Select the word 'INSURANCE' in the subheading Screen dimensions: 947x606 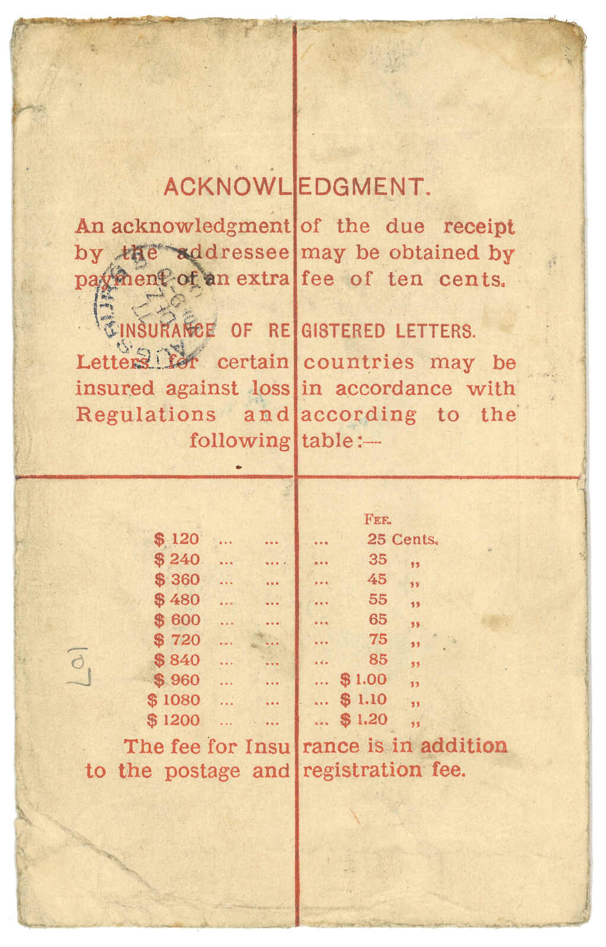pos(167,331)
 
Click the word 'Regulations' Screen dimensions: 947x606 pos(146,414)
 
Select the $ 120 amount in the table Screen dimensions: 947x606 pos(177,539)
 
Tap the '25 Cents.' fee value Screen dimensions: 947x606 pos(402,539)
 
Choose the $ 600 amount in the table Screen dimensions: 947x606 pos(177,620)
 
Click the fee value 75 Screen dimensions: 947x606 pos(377,639)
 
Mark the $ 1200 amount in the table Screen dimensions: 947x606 pos(174,720)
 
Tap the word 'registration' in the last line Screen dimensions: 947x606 pos(362,771)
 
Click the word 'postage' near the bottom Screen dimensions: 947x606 pos(202,771)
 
